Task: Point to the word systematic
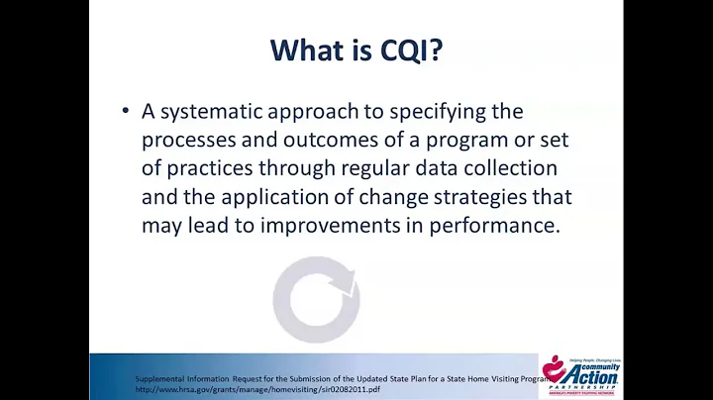pyautogui.click(x=220, y=112)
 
